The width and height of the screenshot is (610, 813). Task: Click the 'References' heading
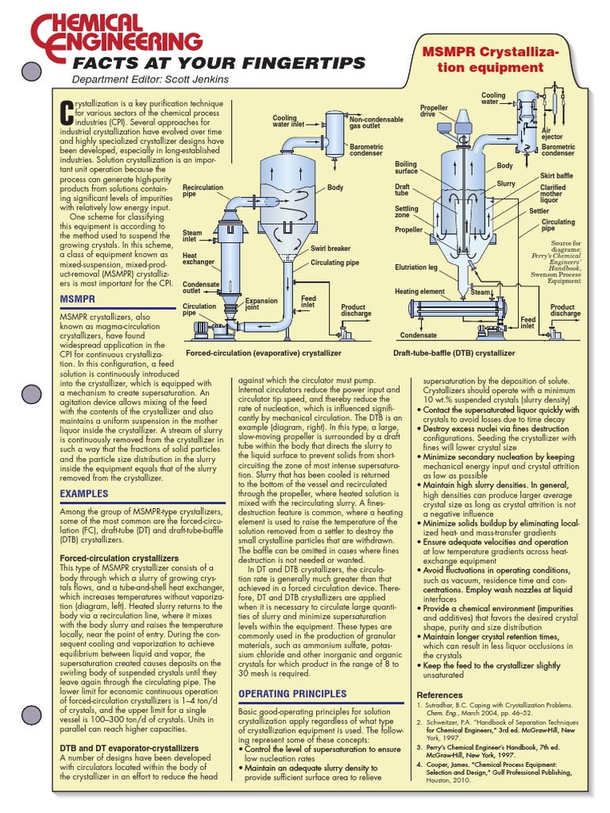coord(439,695)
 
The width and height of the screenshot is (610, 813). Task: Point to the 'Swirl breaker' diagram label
coord(330,249)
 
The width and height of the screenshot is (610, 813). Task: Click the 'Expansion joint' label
coord(261,304)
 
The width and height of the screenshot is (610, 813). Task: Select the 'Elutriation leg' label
coord(415,268)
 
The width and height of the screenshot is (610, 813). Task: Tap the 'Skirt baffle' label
coord(556,175)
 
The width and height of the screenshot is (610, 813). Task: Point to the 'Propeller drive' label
coord(434,111)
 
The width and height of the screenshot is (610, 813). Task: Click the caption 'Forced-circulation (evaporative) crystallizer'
coord(263,353)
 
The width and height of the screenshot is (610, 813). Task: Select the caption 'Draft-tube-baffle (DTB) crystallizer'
coord(454,353)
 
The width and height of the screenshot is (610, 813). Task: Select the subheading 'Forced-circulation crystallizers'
coord(119,559)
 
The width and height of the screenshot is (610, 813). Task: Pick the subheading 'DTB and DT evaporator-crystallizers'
coord(129,748)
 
